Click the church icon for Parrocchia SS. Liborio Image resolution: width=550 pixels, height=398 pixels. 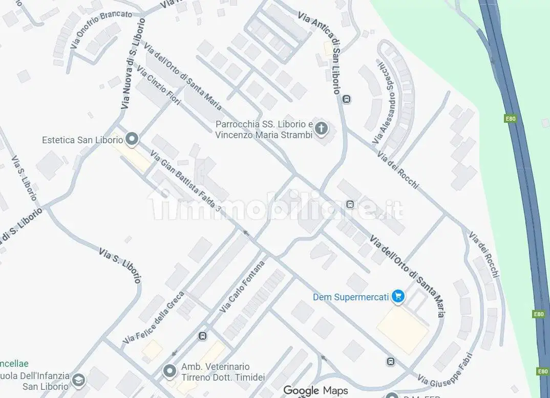click(321, 128)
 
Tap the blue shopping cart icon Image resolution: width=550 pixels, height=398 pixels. click(397, 296)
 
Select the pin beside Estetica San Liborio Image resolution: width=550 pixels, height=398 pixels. click(132, 139)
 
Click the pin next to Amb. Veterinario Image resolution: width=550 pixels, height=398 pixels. click(170, 371)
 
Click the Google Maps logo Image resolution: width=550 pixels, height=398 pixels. click(315, 390)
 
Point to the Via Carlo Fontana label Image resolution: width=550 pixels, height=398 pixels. click(242, 287)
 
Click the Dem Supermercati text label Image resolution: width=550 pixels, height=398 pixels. click(351, 297)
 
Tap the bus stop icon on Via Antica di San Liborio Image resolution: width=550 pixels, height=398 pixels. click(347, 99)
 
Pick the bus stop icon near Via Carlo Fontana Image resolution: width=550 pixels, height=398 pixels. click(202, 336)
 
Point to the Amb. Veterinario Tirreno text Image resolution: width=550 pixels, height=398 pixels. click(215, 372)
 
